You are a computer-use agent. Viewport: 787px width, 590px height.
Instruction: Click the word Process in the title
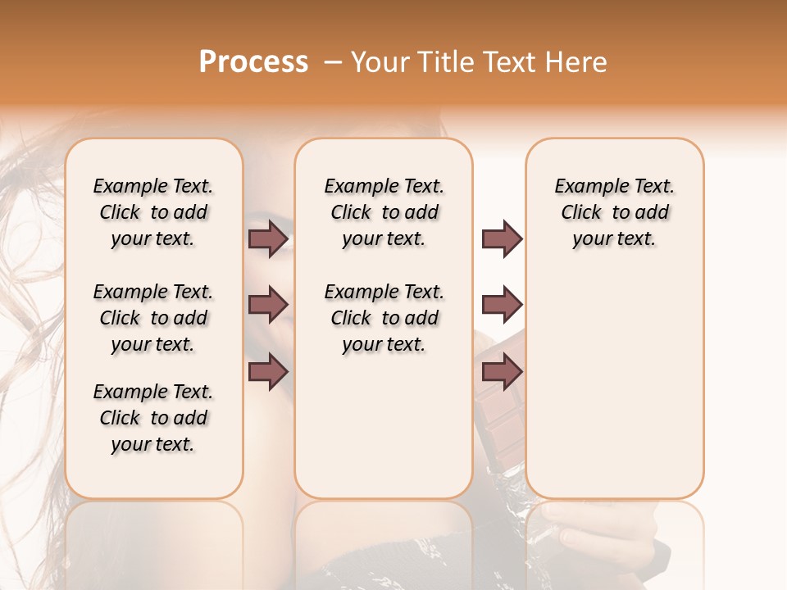click(x=253, y=61)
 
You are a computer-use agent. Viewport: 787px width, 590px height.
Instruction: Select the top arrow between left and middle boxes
click(x=268, y=239)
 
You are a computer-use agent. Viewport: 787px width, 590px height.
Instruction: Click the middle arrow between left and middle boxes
click(x=268, y=305)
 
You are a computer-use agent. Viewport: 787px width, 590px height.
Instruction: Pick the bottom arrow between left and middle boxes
click(x=268, y=371)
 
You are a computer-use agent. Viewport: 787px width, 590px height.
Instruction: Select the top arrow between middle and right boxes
click(x=502, y=239)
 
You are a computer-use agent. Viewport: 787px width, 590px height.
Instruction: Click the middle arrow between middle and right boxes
click(x=502, y=305)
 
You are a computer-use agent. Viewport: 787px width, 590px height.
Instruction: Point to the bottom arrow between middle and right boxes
click(x=502, y=371)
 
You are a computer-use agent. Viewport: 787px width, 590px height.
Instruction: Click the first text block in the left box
click(x=153, y=212)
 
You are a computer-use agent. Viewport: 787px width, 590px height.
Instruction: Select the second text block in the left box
click(x=153, y=318)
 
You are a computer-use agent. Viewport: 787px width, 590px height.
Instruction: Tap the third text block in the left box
click(x=153, y=418)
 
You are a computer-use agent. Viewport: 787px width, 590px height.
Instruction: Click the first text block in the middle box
click(x=384, y=212)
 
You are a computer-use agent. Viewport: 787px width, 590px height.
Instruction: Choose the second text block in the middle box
click(x=384, y=318)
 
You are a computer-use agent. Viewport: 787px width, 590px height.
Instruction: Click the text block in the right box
click(x=615, y=212)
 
